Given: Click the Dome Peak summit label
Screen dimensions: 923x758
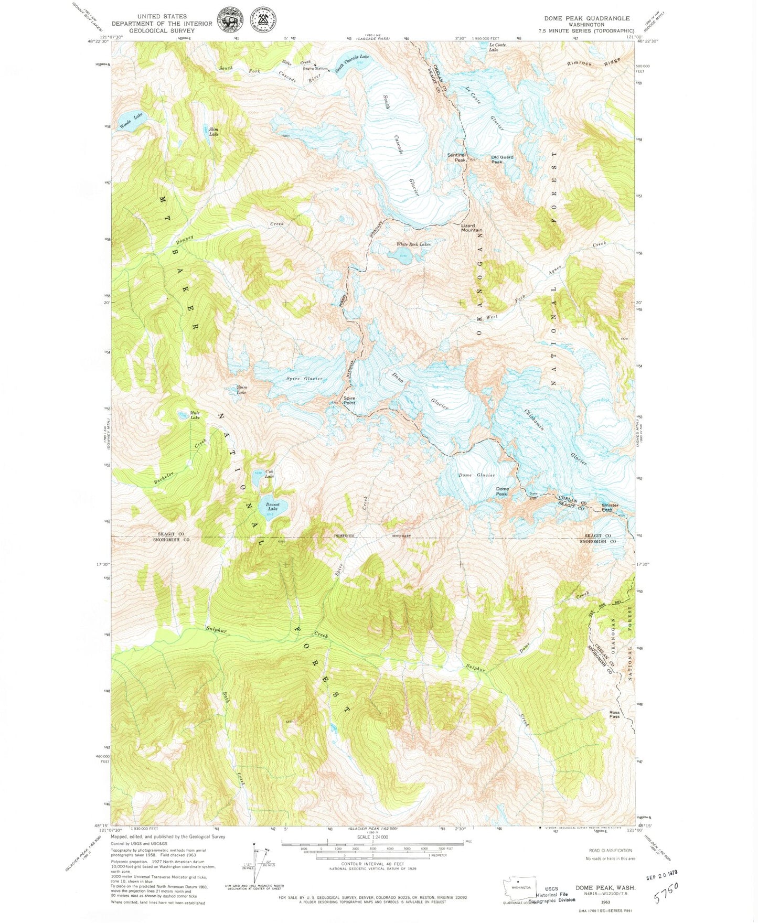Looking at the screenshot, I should [502, 491].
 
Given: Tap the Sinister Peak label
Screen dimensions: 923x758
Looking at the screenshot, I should [610, 507].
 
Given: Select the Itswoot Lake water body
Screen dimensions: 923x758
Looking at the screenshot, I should [273, 506].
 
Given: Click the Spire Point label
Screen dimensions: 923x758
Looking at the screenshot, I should [349, 401].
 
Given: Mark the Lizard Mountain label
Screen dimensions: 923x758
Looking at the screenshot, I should [472, 228].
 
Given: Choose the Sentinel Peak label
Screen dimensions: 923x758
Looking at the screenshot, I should [456, 157].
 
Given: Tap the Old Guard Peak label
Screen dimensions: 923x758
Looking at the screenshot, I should [502, 159].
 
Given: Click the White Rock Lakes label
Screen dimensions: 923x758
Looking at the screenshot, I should [413, 244].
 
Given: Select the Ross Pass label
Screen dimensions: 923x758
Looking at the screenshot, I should [614, 714].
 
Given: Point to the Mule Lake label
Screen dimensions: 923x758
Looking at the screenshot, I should [195, 415].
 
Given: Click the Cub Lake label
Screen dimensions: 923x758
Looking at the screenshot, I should [269, 474].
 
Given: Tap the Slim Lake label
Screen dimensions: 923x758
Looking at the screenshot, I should [213, 132].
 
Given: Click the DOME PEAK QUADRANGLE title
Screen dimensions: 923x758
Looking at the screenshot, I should [586, 18].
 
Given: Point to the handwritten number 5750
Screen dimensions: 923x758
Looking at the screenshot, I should [666, 892].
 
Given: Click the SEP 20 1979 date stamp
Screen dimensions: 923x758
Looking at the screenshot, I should [661, 872].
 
